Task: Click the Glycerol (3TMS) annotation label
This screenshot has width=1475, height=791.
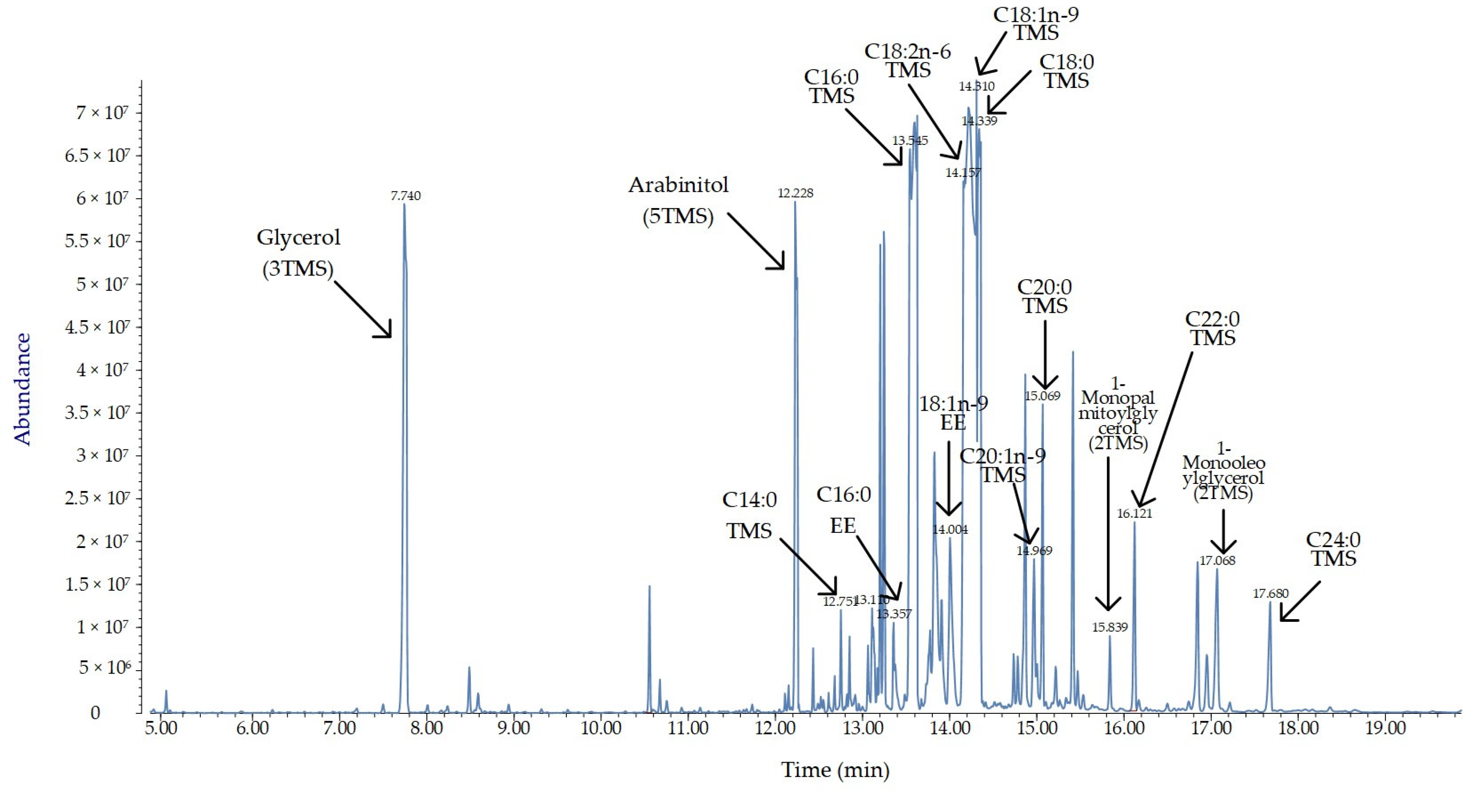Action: (298, 253)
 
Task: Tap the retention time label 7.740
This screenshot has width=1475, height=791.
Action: (405, 196)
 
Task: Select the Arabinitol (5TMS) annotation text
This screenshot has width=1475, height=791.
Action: (679, 200)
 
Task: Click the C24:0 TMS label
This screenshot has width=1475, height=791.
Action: (1333, 549)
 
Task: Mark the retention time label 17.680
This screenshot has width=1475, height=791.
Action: (1270, 593)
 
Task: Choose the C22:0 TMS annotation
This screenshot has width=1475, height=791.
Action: (1212, 328)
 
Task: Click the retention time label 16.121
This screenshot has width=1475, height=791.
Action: (1134, 513)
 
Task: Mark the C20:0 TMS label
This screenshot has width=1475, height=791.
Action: (1044, 296)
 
